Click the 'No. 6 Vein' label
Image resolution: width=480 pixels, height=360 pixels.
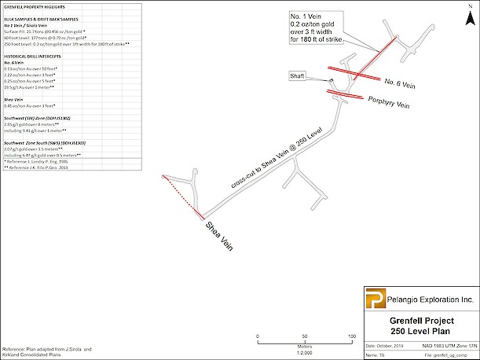click(402, 82)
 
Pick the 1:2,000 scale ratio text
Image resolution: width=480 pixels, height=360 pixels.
click(305, 350)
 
